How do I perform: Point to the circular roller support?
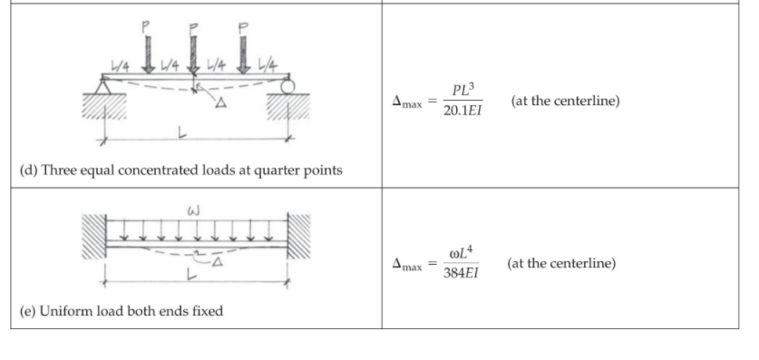[287, 87]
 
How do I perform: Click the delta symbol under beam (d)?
[219, 103]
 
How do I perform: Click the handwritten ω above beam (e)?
[192, 212]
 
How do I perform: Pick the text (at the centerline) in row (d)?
[566, 102]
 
